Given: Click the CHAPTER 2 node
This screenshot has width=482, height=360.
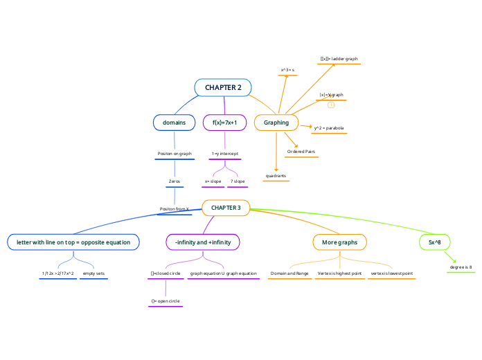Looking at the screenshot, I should click(223, 87).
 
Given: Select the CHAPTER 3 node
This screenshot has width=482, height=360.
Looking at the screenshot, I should click(226, 208).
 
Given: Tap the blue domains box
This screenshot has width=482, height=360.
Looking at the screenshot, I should click(174, 123).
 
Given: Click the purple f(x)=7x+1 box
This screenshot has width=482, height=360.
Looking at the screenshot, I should click(224, 123).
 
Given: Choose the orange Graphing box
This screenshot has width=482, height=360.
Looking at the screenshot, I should click(276, 123).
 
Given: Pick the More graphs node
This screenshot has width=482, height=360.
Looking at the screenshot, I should click(339, 242).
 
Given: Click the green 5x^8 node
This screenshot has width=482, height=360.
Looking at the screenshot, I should click(435, 242).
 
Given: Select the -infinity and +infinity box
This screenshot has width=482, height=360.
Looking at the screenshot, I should click(203, 242).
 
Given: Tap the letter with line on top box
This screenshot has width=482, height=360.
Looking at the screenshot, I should click(73, 242).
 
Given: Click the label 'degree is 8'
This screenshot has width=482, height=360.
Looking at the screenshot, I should click(461, 267).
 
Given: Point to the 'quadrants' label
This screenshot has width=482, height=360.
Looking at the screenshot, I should click(276, 176).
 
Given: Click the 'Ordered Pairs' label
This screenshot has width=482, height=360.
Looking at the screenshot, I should click(301, 151).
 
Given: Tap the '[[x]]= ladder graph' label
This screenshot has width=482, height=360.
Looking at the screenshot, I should click(339, 59).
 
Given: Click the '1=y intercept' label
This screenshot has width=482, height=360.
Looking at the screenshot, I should click(224, 153).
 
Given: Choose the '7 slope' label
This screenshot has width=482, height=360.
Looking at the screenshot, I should click(238, 181).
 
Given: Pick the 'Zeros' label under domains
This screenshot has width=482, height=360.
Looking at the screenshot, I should click(175, 181).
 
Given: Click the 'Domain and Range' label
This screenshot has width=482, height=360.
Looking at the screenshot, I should click(289, 273).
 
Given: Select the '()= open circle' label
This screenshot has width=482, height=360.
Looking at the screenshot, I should click(166, 301).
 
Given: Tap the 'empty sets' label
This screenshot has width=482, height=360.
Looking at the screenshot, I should click(93, 273).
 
